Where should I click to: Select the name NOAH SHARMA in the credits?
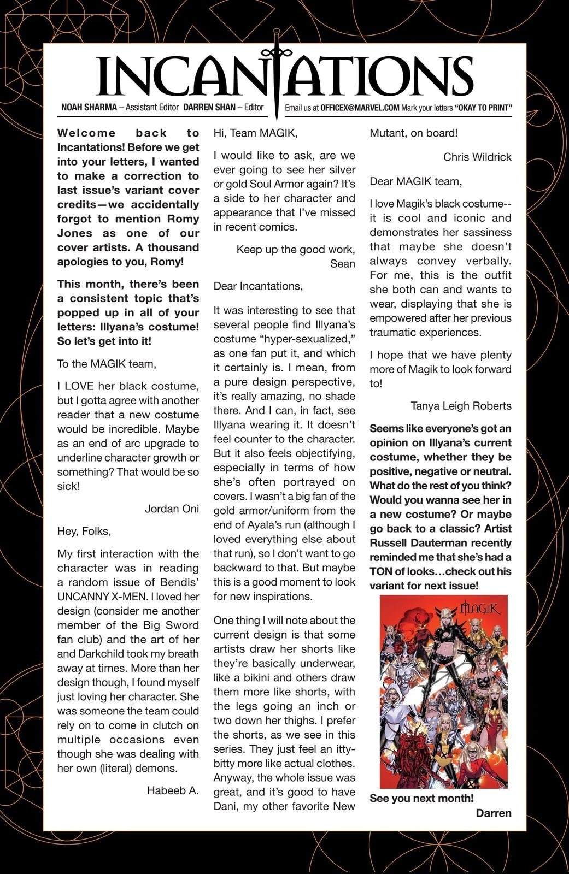click(88, 108)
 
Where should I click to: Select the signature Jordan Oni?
click(172, 509)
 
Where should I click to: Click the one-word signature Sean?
click(342, 264)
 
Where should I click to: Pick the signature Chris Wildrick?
click(477, 157)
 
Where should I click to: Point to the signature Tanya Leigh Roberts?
click(461, 405)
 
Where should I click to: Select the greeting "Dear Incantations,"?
click(257, 286)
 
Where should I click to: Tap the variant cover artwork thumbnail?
click(443, 691)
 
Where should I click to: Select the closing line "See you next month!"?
click(421, 798)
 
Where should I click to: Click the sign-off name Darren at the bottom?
click(494, 813)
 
